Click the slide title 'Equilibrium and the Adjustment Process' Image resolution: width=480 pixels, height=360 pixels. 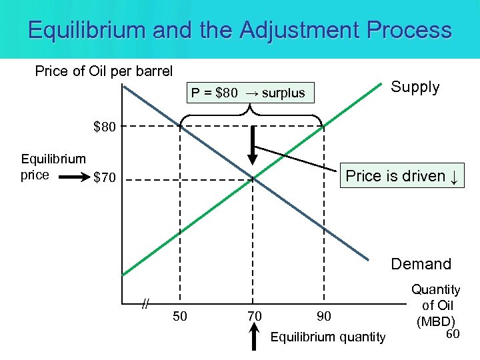coord(240,30)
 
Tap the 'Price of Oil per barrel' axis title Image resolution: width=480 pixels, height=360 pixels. coord(103,71)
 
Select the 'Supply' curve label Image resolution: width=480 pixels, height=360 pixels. coord(415,87)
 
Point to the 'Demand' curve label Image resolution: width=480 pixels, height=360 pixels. coord(421,264)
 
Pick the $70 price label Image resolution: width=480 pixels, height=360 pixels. coord(105,178)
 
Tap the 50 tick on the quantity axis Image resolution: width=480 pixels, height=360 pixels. coord(179,315)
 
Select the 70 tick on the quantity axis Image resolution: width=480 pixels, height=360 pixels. coord(254,315)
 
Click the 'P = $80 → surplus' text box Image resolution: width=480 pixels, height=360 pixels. coord(247,93)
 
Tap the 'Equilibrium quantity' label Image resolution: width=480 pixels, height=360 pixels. coord(327,337)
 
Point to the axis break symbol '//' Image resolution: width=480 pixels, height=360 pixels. coord(144,305)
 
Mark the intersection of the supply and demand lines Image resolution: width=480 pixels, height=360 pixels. coord(253,177)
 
